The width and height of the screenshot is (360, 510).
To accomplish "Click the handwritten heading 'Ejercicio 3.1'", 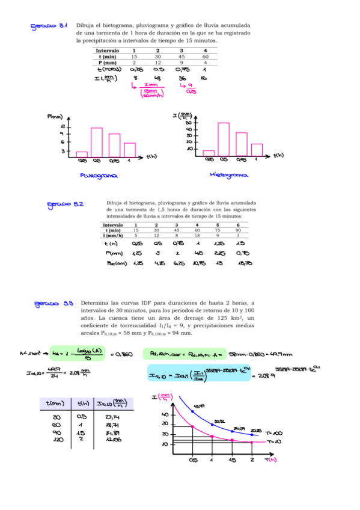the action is tap(49, 26).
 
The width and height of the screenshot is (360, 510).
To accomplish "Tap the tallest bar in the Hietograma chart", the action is tap(224, 140).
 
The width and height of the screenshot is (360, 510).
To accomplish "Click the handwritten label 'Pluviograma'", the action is tap(99, 176).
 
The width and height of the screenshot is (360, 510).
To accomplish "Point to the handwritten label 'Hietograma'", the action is tap(229, 175).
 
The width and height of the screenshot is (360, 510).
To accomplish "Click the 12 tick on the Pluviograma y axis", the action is tap(63, 127).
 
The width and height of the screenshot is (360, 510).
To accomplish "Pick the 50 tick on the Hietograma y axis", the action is tap(189, 129).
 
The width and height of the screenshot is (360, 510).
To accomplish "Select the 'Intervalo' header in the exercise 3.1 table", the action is tap(107, 51).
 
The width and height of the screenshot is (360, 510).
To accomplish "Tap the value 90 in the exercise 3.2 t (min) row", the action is tap(239, 230).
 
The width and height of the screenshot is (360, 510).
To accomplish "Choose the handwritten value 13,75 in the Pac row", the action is tap(244, 263).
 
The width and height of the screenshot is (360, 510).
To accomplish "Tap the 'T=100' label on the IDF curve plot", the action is tap(273, 433).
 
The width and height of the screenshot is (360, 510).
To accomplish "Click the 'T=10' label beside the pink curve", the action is tap(273, 442).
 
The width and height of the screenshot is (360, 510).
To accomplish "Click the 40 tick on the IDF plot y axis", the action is tap(165, 414).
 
